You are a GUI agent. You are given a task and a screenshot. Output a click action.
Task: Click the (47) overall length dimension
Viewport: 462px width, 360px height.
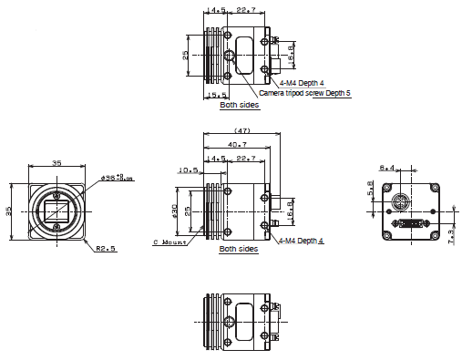click(x=242, y=130)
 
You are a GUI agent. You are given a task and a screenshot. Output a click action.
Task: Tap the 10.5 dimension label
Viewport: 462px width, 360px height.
click(x=189, y=170)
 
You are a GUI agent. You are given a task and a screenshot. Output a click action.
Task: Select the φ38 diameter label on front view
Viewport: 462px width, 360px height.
click(x=117, y=179)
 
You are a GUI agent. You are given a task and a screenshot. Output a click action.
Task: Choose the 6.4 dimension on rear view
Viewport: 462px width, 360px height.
click(x=386, y=167)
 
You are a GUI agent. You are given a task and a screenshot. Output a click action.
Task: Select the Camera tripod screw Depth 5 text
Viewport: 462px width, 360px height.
click(x=304, y=93)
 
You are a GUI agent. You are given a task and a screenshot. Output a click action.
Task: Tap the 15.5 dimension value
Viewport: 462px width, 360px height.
click(x=217, y=95)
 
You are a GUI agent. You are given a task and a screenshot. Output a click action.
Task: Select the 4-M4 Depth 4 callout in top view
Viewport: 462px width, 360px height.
click(x=290, y=83)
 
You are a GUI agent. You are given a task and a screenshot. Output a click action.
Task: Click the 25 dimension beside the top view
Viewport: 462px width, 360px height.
click(x=187, y=55)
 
